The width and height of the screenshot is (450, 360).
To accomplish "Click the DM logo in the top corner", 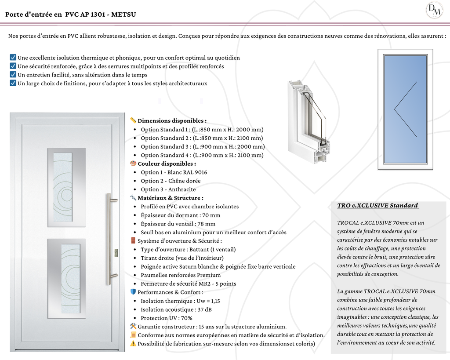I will pyautogui.click(x=434, y=10).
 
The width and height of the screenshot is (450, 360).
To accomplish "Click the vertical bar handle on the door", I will pyautogui.click(x=108, y=239).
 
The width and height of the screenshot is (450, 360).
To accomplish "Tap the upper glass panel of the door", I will pyautogui.click(x=63, y=187).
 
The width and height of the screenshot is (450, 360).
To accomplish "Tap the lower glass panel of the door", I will pyautogui.click(x=70, y=278).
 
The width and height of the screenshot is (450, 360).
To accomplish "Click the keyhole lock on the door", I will pyautogui.click(x=116, y=253).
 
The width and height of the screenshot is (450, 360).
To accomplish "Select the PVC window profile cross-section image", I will pyautogui.click(x=308, y=122).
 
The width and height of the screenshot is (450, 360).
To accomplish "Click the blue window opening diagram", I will pyautogui.click(x=405, y=109).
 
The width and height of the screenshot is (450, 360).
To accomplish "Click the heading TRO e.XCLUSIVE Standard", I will pyautogui.click(x=377, y=206).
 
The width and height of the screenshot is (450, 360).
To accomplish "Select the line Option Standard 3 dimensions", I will pyautogui.click(x=203, y=147).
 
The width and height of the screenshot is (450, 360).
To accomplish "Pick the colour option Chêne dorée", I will pyautogui.click(x=171, y=181).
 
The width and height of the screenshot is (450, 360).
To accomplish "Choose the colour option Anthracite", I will pyautogui.click(x=168, y=189).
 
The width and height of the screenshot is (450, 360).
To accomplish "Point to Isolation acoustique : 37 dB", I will pyautogui.click(x=176, y=309).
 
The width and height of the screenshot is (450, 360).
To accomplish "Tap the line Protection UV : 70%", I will pyautogui.click(x=167, y=318).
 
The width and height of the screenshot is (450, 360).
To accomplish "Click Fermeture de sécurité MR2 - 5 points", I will pyautogui.click(x=189, y=284).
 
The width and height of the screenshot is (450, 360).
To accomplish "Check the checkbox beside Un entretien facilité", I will pyautogui.click(x=13, y=75).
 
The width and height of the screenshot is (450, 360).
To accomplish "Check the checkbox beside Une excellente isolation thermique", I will pyautogui.click(x=13, y=58).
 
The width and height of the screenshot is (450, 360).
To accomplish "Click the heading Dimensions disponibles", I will pyautogui.click(x=172, y=121).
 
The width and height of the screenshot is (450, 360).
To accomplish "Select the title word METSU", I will pyautogui.click(x=123, y=15).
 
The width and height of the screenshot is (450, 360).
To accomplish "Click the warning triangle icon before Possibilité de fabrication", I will pyautogui.click(x=133, y=344).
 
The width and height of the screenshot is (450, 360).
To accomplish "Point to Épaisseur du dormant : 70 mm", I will pyautogui.click(x=181, y=215).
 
